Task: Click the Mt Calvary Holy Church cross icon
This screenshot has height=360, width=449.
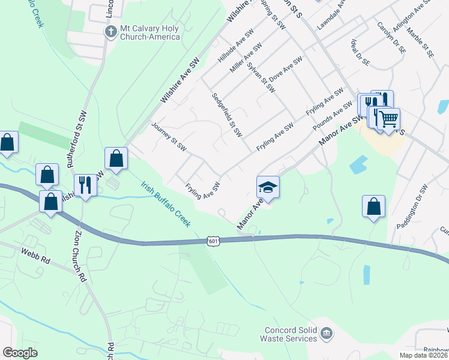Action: [110, 31]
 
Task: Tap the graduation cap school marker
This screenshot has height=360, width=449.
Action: [268, 187]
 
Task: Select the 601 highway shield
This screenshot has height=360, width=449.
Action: [214, 241]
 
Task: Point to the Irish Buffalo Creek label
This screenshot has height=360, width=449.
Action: [166, 204]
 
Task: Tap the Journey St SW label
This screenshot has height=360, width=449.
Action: [170, 137]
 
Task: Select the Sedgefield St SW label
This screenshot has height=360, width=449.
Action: [226, 114]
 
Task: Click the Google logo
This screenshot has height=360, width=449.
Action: [20, 353]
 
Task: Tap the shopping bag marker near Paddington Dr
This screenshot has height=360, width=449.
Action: [373, 206]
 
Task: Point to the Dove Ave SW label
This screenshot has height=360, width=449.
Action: [285, 74]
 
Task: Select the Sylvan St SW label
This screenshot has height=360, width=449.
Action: [261, 77]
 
